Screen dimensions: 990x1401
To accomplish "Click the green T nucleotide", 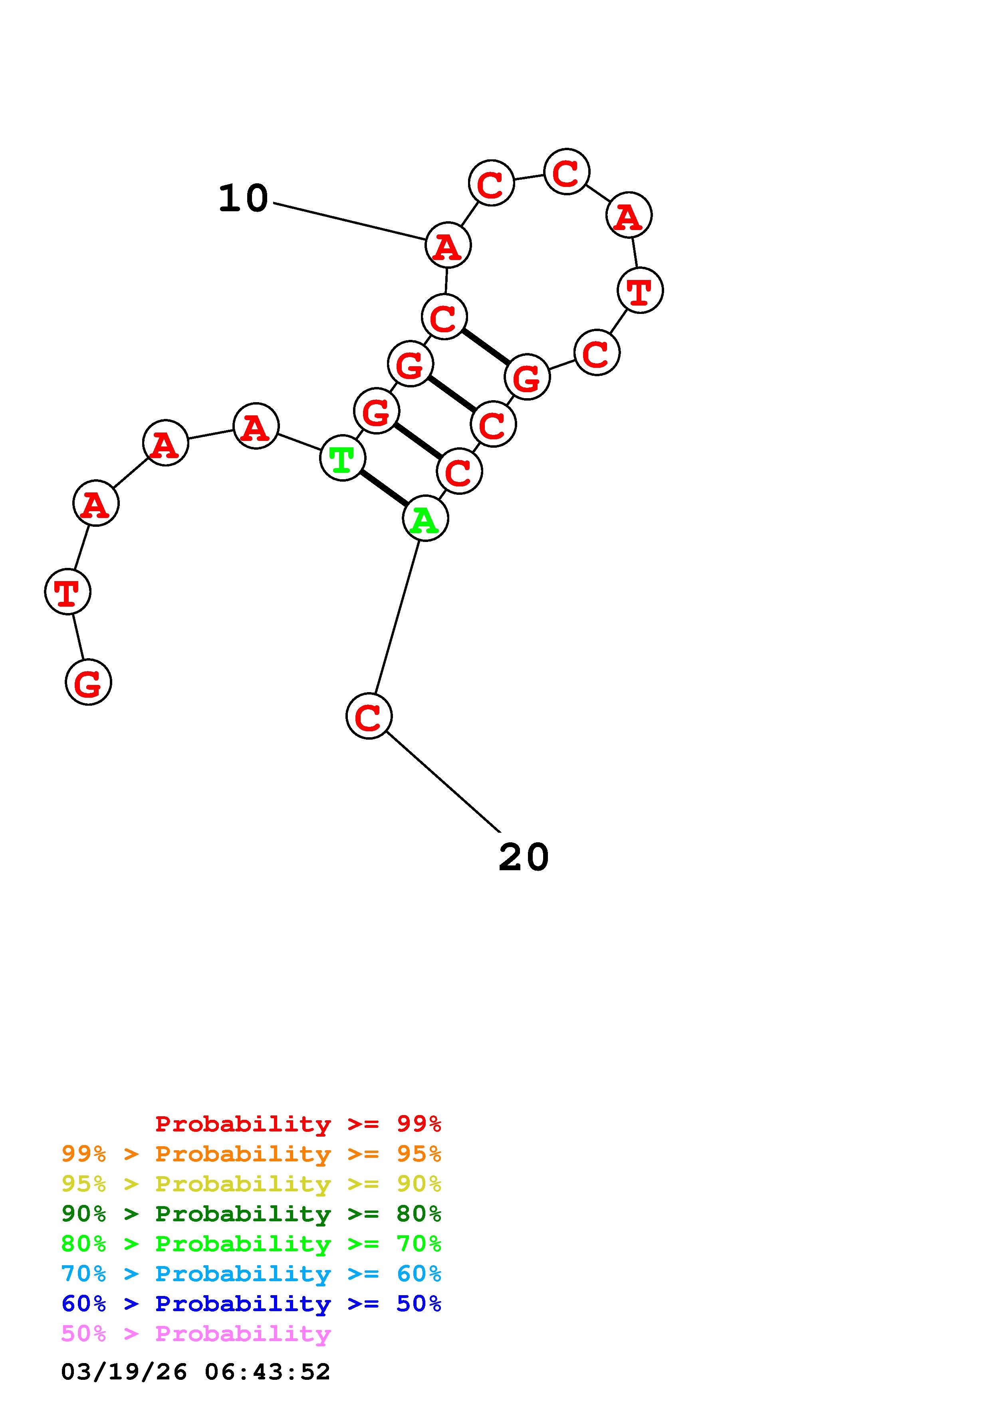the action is coord(342,458).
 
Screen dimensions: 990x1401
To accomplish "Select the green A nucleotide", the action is coord(425,519).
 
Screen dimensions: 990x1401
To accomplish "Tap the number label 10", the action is coord(243,198).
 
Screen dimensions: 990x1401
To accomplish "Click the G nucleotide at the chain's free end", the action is coord(88,682).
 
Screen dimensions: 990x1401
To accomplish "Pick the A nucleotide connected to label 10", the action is coord(448,245).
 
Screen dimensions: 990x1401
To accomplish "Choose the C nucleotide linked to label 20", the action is coord(369,716).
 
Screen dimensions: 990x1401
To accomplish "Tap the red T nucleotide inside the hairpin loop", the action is coord(640,290).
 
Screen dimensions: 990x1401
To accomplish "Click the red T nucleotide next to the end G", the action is coord(68,591).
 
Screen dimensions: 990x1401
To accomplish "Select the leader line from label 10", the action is coord(349,221).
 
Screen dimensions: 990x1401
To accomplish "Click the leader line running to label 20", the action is coord(443,782).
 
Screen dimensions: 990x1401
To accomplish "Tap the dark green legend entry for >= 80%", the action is coord(251,1214).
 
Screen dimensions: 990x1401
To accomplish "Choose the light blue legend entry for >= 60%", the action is coord(251,1274).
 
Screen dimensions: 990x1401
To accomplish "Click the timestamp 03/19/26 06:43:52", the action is coord(195,1372).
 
